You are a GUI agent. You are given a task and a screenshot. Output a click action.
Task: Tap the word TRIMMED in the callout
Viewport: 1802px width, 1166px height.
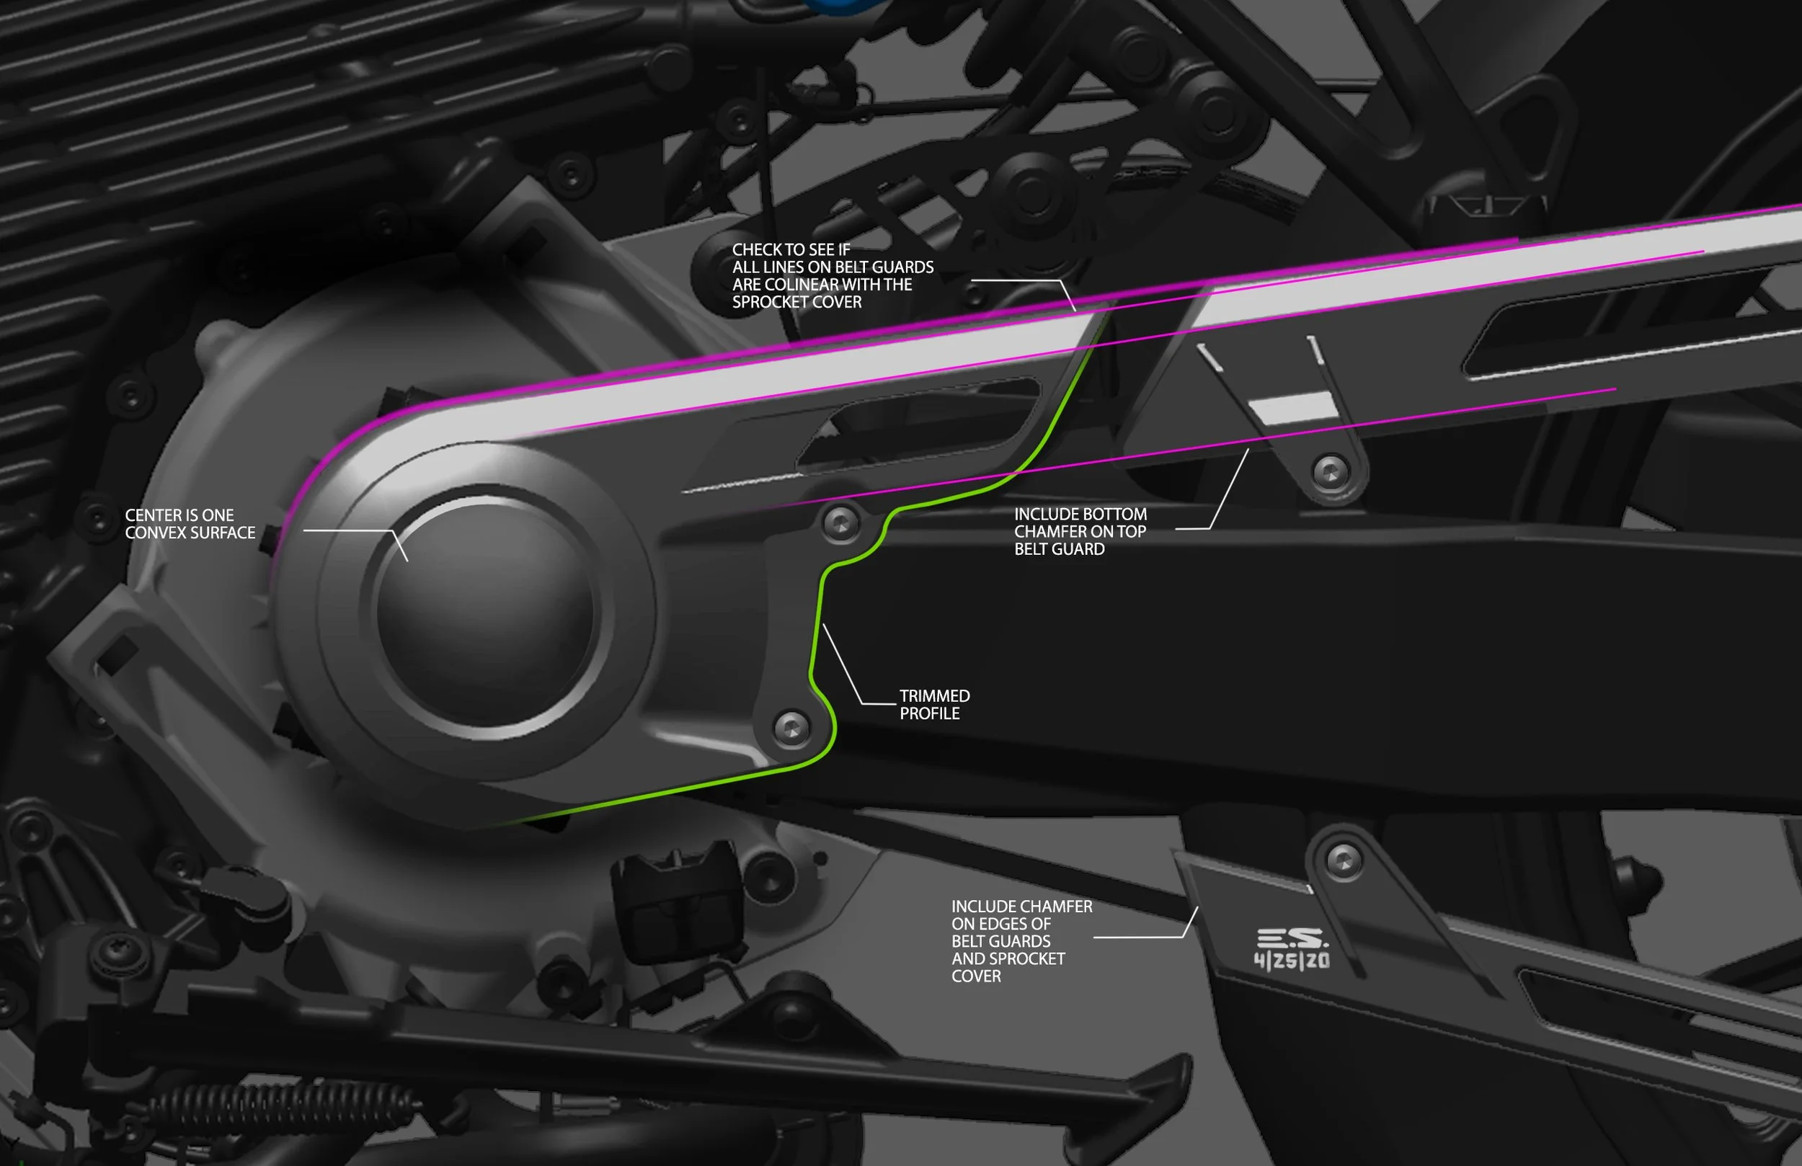pyautogui.click(x=934, y=696)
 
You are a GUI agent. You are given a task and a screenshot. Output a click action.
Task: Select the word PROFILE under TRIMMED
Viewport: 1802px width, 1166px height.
pyautogui.click(x=929, y=713)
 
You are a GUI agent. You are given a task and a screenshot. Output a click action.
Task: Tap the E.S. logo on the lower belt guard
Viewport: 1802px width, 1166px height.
pyautogui.click(x=1292, y=939)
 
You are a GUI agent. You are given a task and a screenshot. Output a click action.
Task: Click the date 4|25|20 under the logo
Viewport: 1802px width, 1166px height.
pyautogui.click(x=1292, y=961)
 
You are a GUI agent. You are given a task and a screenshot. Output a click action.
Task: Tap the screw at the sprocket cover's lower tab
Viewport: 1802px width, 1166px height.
pyautogui.click(x=791, y=728)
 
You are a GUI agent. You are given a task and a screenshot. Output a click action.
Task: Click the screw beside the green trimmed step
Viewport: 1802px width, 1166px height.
pyautogui.click(x=840, y=522)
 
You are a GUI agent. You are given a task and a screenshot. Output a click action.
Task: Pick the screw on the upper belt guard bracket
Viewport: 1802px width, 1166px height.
pyautogui.click(x=1331, y=472)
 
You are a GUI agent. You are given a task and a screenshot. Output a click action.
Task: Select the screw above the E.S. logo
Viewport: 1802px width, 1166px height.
pyautogui.click(x=1344, y=861)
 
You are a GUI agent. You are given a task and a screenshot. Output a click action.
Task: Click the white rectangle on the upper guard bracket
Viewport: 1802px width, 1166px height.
pyautogui.click(x=1292, y=408)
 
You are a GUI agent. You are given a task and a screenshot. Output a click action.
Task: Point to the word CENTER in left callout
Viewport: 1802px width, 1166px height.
pyautogui.click(x=151, y=515)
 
